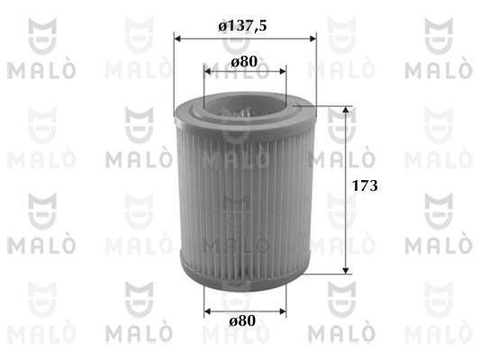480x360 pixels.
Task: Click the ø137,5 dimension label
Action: (242, 26)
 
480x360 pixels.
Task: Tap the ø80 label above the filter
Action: (244, 62)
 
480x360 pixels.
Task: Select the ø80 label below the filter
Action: (242, 320)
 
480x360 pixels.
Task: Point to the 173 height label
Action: (365, 185)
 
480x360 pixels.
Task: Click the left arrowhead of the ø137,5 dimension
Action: (177, 39)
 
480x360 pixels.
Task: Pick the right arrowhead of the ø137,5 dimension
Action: (312, 39)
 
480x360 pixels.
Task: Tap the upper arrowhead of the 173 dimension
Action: (346, 110)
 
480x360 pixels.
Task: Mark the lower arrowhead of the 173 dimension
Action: (346, 270)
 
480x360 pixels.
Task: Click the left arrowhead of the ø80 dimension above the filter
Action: (207, 72)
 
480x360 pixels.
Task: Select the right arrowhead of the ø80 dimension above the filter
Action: (283, 72)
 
